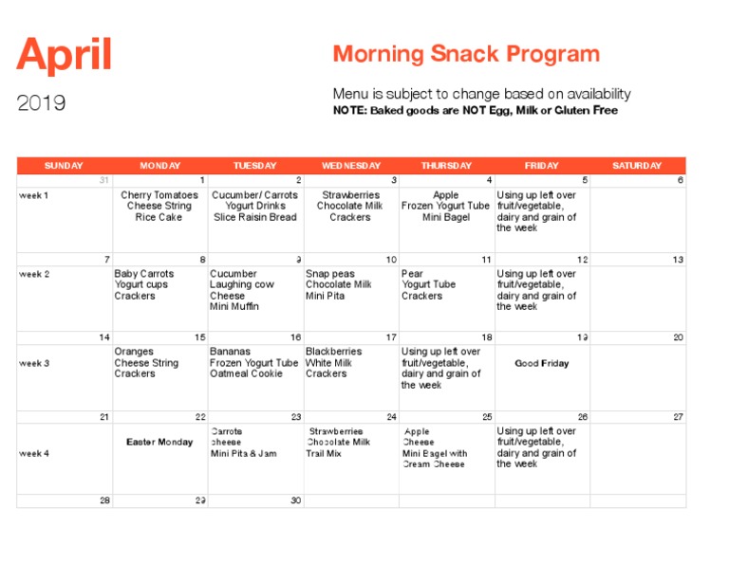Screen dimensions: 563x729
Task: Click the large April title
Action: click(x=65, y=56)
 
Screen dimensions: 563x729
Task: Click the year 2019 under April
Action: click(x=42, y=103)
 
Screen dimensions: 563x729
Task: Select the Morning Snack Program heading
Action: click(x=466, y=54)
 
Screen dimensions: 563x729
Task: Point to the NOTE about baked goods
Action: click(x=475, y=111)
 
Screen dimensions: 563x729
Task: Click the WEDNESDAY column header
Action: click(x=350, y=166)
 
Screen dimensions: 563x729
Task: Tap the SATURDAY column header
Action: click(x=637, y=166)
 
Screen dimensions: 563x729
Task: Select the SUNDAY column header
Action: click(x=64, y=166)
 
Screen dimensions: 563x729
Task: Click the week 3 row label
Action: click(x=34, y=363)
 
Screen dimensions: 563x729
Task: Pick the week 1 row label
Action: click(x=34, y=195)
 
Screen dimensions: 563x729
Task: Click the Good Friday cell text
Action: click(x=542, y=363)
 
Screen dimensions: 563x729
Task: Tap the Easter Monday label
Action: click(x=159, y=442)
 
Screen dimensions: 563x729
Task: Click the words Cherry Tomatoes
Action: click(x=159, y=195)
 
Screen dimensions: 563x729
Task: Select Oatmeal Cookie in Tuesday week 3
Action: click(x=246, y=374)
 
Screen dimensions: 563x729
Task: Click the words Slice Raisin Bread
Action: click(x=254, y=217)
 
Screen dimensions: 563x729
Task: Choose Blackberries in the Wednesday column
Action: click(x=333, y=352)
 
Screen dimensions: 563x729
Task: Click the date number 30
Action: click(x=295, y=500)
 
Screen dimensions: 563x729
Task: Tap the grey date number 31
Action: click(x=103, y=180)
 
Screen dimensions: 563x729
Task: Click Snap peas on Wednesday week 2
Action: click(x=330, y=274)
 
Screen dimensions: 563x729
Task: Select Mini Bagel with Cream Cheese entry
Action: click(x=435, y=459)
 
